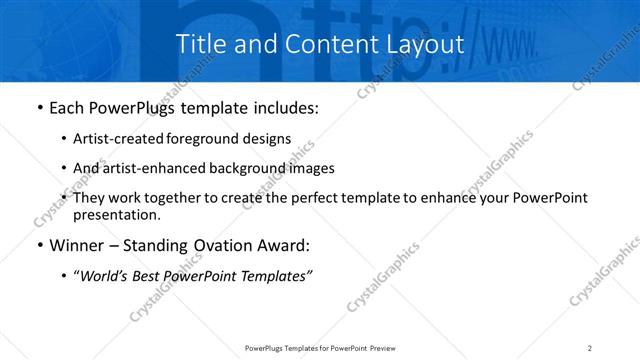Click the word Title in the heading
pyautogui.click(x=200, y=44)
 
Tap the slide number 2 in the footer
pyautogui.click(x=590, y=347)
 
